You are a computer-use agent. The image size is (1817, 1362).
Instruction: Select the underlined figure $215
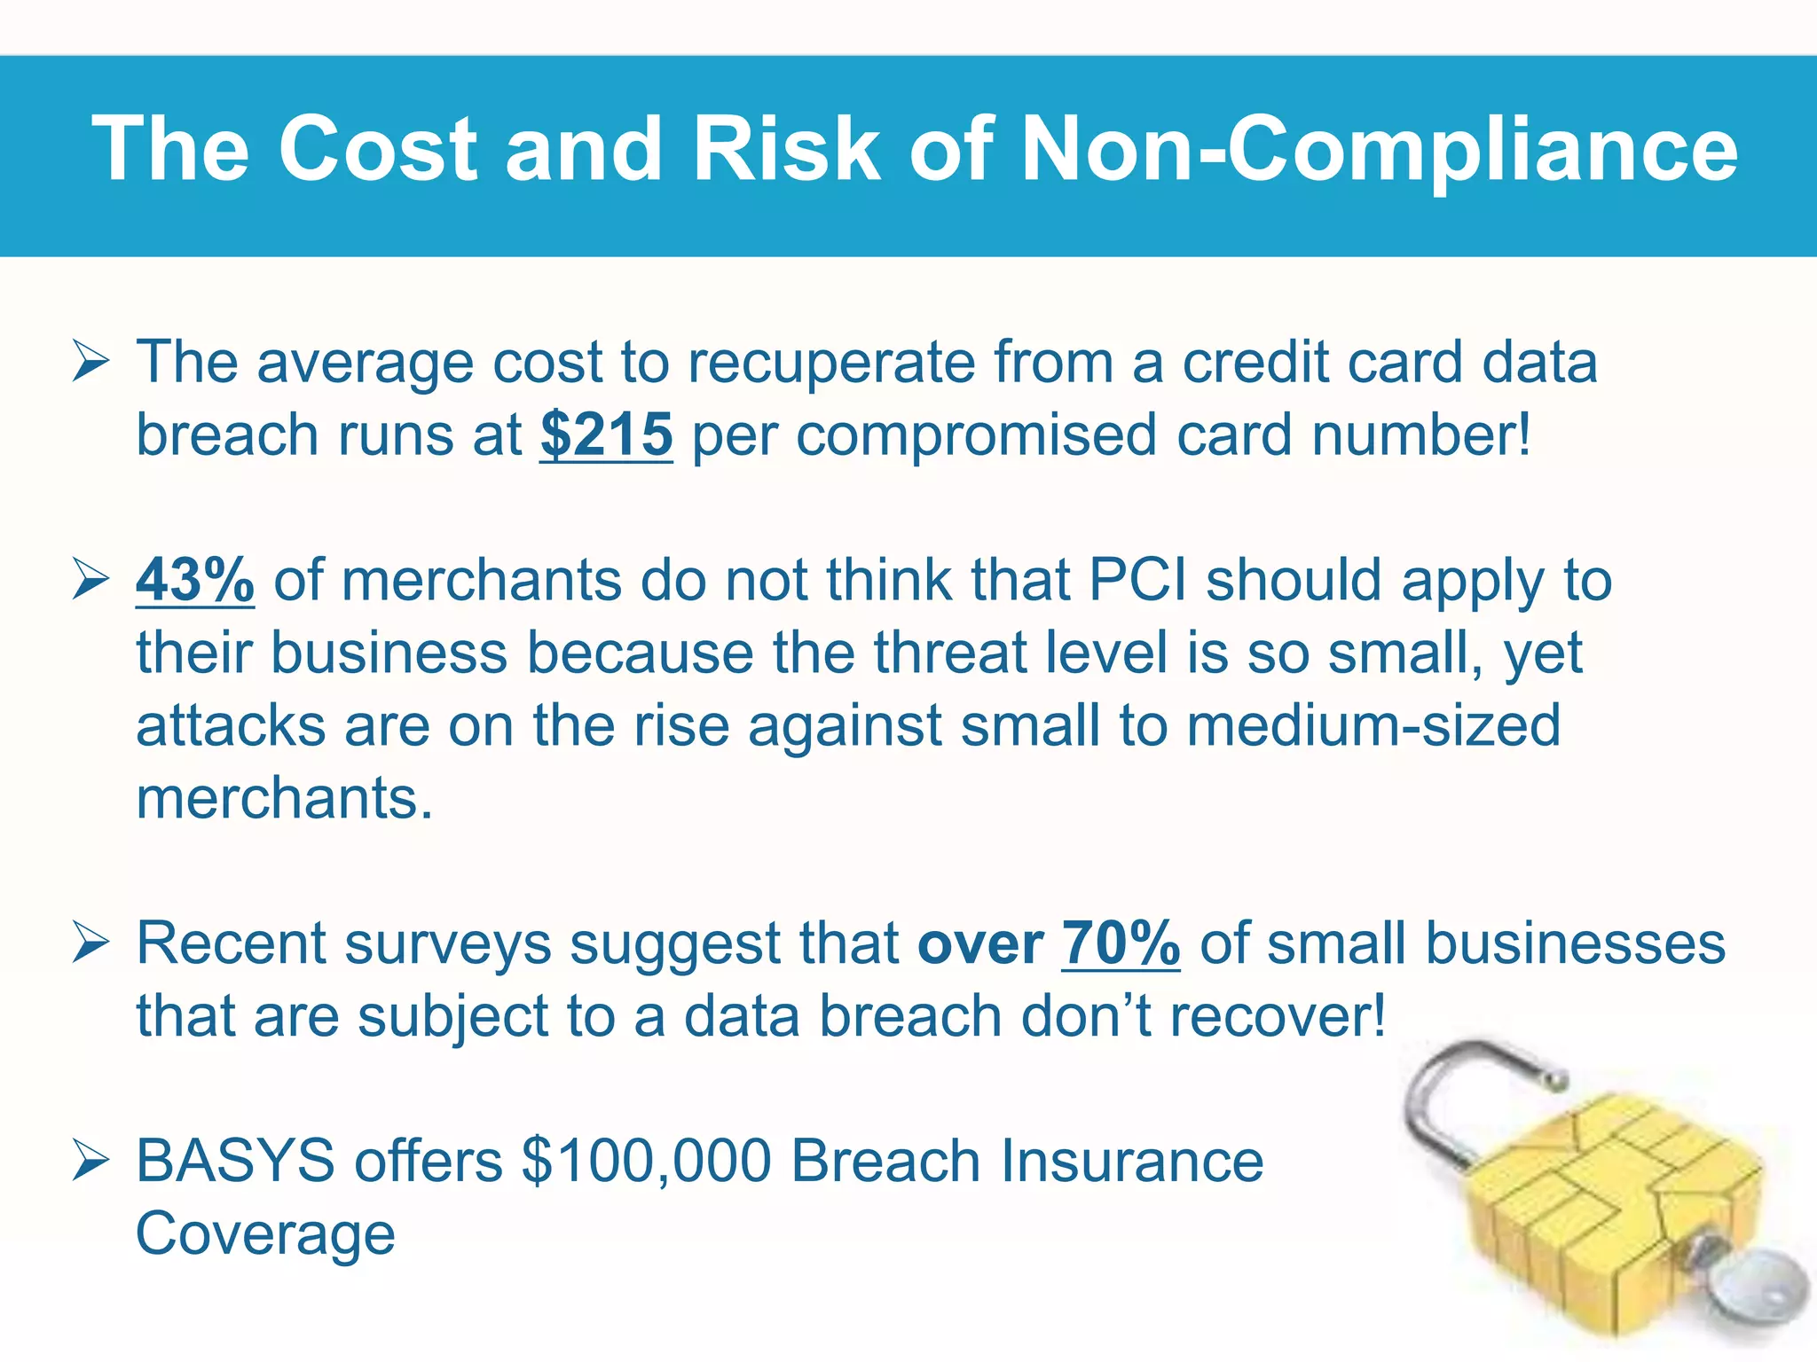click(x=607, y=435)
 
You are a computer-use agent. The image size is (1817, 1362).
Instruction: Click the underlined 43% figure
click(x=195, y=581)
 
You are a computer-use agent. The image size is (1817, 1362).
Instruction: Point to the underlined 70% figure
click(x=1121, y=943)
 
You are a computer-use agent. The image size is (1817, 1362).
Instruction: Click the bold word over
click(x=980, y=944)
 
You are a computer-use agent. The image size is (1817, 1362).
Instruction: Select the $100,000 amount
click(x=647, y=1161)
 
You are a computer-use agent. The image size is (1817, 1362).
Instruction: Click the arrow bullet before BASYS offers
click(x=90, y=1162)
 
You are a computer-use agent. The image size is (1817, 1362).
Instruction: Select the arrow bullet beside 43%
click(x=90, y=581)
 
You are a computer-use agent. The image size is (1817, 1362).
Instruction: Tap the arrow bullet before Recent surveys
click(x=90, y=943)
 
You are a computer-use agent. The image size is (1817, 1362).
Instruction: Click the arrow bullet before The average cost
click(x=90, y=364)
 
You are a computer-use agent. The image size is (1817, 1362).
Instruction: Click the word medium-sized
click(x=1373, y=725)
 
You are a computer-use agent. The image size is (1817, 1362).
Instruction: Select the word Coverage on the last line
click(x=265, y=1234)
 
